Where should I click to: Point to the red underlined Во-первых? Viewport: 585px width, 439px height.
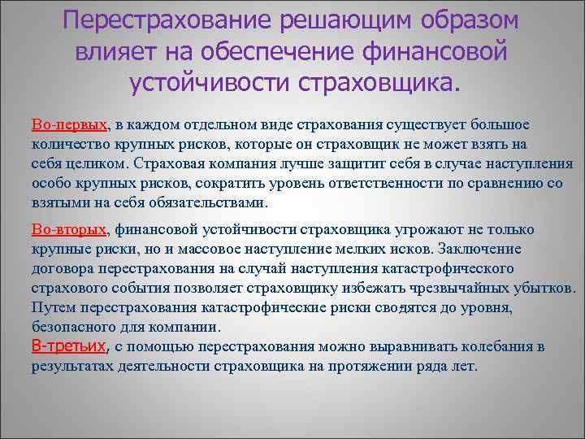click(x=70, y=125)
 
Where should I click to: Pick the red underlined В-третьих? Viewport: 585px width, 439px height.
click(x=69, y=347)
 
